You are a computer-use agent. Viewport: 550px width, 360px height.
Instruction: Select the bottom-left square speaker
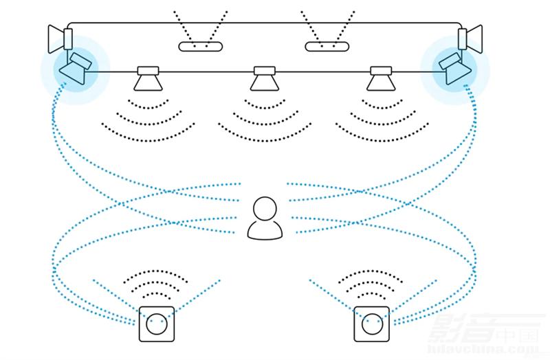coord(157,324)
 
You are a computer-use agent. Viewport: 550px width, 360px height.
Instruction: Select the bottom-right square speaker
coord(372,324)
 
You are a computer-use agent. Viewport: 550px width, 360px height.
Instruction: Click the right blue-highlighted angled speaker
coord(454,67)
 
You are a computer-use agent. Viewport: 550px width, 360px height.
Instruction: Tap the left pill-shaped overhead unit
coord(201,47)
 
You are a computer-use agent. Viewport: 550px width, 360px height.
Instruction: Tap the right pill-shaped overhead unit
coord(327,47)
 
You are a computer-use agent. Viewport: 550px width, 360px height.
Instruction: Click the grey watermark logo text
coord(481,337)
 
